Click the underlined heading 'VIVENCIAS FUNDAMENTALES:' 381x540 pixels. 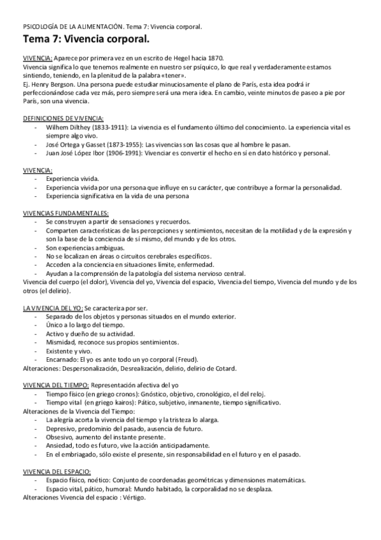[x=65, y=212]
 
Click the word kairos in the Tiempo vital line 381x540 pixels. [x=119, y=402]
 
